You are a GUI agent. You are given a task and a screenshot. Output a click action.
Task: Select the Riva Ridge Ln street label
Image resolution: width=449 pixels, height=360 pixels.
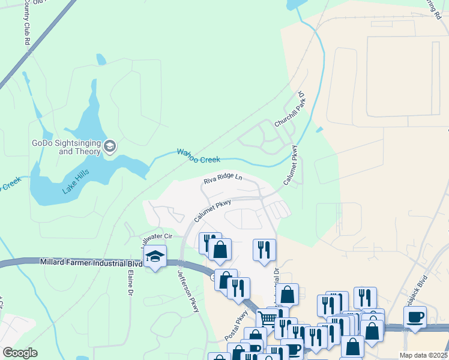coord(222,179)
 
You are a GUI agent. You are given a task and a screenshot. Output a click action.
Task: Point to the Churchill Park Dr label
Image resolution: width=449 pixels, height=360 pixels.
coord(291,109)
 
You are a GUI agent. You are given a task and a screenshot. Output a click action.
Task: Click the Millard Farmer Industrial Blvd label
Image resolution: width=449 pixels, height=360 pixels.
coord(91,263)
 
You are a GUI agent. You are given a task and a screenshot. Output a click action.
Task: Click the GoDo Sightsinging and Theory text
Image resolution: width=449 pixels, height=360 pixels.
coord(66,147)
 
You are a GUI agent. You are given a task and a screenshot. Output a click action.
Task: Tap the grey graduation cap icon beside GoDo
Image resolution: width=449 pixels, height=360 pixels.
coord(110,146)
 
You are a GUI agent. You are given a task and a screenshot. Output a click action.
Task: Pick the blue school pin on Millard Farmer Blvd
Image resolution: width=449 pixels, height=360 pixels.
coord(155,256)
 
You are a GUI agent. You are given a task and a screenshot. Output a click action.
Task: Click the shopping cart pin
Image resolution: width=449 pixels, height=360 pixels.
coord(267,319)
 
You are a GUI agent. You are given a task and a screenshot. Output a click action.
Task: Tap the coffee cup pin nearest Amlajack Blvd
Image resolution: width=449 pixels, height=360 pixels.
coord(415,317)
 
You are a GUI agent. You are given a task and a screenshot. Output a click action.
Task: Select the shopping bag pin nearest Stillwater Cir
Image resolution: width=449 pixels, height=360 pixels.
coord(220,249)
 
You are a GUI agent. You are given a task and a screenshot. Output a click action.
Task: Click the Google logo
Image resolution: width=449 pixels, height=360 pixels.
coord(20,353)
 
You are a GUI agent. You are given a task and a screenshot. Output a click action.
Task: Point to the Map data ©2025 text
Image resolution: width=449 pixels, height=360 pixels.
coord(423,355)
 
